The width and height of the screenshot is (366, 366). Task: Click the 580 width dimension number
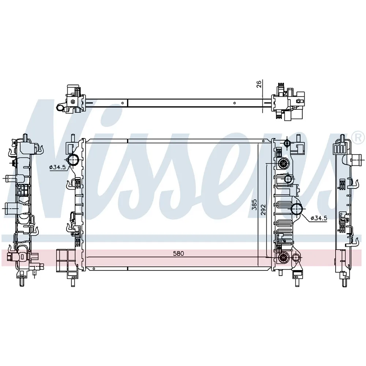[179, 253]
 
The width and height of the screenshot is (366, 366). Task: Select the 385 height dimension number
[254, 205]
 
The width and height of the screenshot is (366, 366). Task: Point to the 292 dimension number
[263, 210]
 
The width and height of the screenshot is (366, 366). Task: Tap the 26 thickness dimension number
[259, 84]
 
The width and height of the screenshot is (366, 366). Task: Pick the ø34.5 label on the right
[319, 218]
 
